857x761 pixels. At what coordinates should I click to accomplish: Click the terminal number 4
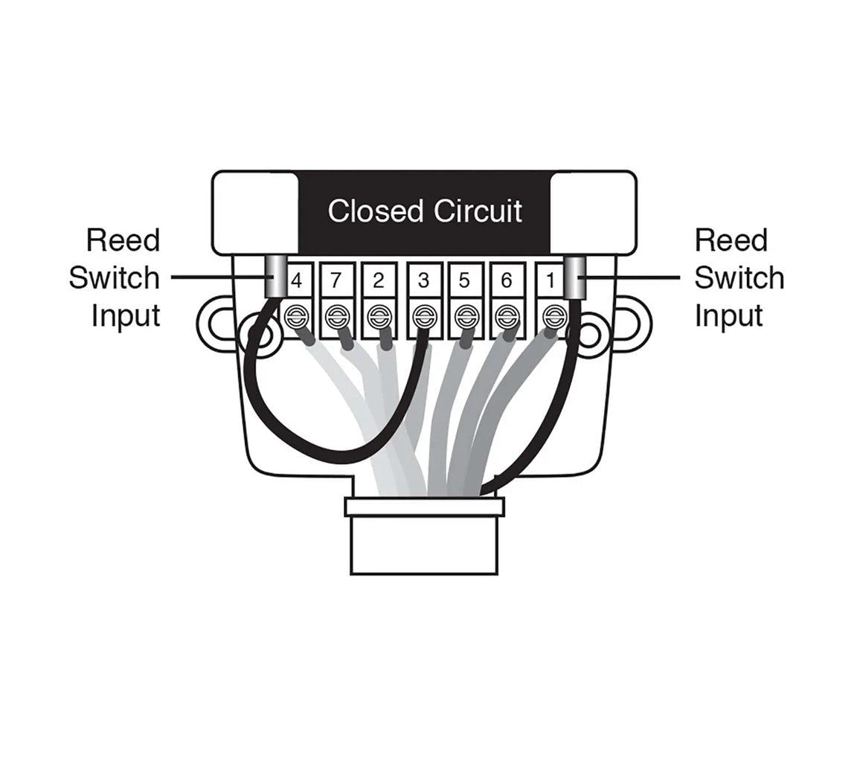pyautogui.click(x=297, y=281)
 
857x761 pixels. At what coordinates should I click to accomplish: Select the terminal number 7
pyautogui.click(x=336, y=281)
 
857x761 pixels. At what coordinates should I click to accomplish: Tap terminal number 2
pyautogui.click(x=379, y=281)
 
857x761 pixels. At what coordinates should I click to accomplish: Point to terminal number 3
pyautogui.click(x=423, y=281)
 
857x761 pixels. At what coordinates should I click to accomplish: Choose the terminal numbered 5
pyautogui.click(x=464, y=281)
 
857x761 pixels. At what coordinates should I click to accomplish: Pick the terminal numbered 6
pyautogui.click(x=507, y=281)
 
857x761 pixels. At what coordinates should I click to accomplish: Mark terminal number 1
pyautogui.click(x=551, y=281)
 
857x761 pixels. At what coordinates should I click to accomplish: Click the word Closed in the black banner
pyautogui.click(x=375, y=211)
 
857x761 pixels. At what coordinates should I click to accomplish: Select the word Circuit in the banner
pyautogui.click(x=478, y=211)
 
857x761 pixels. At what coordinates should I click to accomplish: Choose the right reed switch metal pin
pyautogui.click(x=574, y=276)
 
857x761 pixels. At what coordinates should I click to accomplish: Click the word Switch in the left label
pyautogui.click(x=114, y=278)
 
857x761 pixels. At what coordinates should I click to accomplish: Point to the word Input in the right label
pyautogui.click(x=728, y=315)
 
